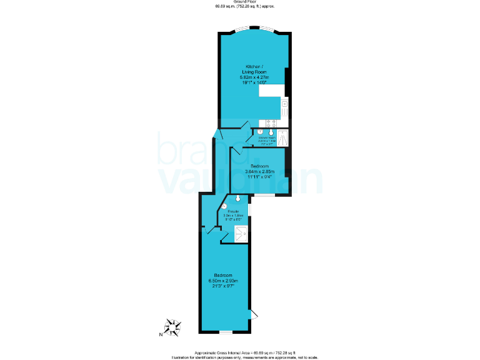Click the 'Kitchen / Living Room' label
tap(254, 66)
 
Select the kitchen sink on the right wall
tap(284, 107)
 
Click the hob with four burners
tap(272, 122)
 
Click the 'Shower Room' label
tap(267, 138)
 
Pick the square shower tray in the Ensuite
tap(241, 234)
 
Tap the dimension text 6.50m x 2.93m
tap(224, 281)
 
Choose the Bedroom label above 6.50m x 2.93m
tap(224, 276)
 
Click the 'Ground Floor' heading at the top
tap(244, 2)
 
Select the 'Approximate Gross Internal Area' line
tap(244, 352)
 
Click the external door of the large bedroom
tap(252, 314)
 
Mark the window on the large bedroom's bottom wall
tap(226, 332)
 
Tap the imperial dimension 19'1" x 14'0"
tap(254, 82)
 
